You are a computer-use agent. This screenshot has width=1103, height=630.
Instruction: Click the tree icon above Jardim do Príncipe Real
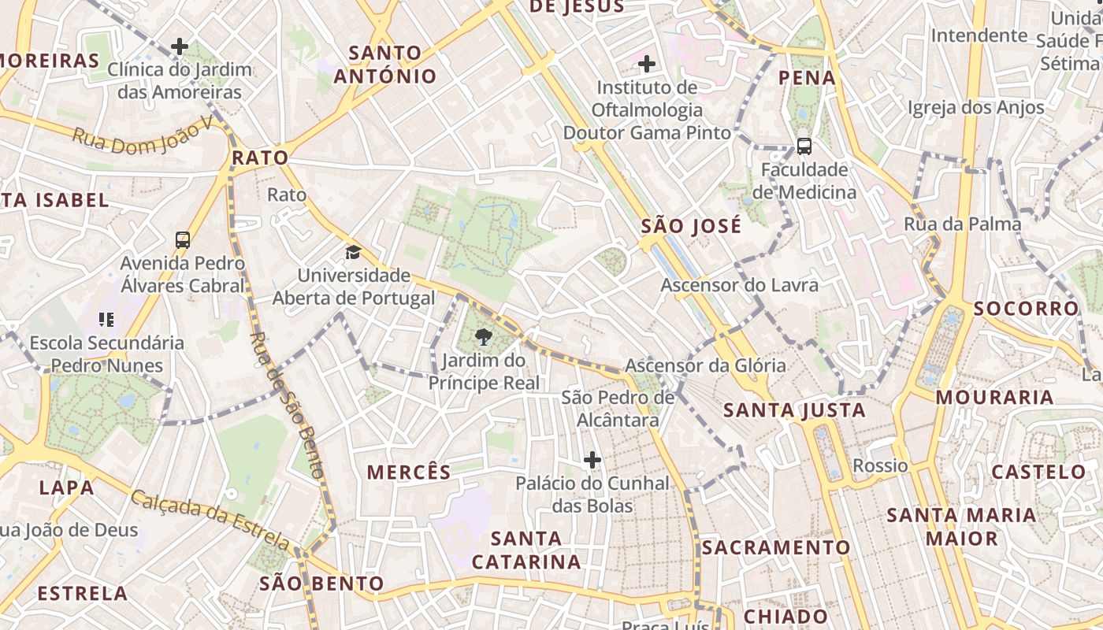coord(483,339)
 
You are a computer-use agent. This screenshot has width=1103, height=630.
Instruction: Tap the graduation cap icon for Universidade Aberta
coord(353,253)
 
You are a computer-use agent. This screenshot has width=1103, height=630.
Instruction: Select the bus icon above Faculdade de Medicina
coord(804,146)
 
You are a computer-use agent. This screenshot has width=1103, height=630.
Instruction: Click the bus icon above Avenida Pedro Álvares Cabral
coord(183,240)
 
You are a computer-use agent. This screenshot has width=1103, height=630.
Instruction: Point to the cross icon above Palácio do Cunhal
coord(592,460)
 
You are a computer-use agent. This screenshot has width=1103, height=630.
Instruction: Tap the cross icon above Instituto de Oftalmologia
coord(647,63)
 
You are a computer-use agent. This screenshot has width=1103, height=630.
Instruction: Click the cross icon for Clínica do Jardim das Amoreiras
coord(180,46)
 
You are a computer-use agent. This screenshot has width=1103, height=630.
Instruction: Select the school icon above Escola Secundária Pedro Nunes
coord(106,320)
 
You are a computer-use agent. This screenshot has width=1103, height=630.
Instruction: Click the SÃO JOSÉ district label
coord(691,227)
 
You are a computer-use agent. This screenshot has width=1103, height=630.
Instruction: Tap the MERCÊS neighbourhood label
coord(409,472)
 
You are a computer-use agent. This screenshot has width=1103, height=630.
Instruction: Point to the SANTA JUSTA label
coord(794,410)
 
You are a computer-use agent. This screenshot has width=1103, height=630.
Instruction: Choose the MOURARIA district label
coord(994,397)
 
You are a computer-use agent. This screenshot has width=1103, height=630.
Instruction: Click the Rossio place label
coord(880,465)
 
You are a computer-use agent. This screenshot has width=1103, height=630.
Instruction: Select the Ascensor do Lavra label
coord(739,285)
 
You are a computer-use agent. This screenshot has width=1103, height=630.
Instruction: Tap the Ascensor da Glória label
coord(705,365)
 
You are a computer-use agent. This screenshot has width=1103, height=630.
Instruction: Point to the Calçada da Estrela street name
coord(211,520)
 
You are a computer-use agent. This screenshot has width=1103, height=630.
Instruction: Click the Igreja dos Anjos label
coord(975,108)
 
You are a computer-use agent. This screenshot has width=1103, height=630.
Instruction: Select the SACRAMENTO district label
coord(775,547)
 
